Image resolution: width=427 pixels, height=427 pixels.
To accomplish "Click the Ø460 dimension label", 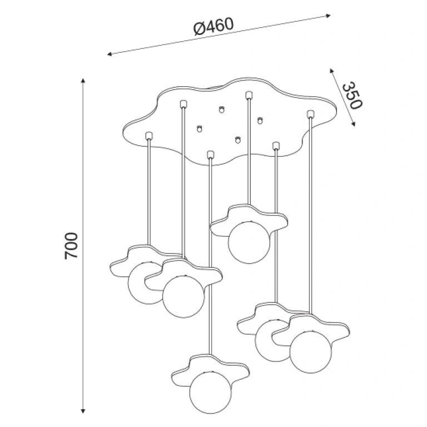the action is (213, 27).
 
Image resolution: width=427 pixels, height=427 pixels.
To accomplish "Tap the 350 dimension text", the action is (352, 95).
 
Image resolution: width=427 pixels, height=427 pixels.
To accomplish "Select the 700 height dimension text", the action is (71, 246).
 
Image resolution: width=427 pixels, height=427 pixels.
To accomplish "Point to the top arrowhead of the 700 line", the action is (83, 81).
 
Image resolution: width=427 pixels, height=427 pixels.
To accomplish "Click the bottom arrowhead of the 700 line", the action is (83, 411).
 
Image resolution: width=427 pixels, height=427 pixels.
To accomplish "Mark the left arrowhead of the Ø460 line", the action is (110, 54).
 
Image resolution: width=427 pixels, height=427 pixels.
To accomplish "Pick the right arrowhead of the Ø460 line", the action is (328, 15).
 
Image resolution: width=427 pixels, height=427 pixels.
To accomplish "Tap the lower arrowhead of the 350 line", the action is (353, 124).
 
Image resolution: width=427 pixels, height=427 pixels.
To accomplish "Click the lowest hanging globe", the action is (211, 392).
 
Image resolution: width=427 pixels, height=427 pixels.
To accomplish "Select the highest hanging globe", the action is (249, 242).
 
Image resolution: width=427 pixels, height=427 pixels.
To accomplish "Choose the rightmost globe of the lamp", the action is (311, 352).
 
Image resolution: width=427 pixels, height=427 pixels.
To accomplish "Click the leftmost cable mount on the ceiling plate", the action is (148, 136).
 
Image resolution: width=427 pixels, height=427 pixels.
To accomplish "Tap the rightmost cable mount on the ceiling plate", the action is (310, 114).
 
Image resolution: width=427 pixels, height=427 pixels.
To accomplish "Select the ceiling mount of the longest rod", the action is (210, 155).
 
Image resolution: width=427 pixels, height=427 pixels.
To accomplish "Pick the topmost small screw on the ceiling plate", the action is (222, 110).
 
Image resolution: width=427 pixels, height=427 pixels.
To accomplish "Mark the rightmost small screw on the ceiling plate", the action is (260, 120).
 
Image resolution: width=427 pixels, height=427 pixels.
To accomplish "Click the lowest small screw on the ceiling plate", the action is (238, 140).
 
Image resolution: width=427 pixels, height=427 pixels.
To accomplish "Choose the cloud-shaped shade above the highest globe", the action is (249, 219).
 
